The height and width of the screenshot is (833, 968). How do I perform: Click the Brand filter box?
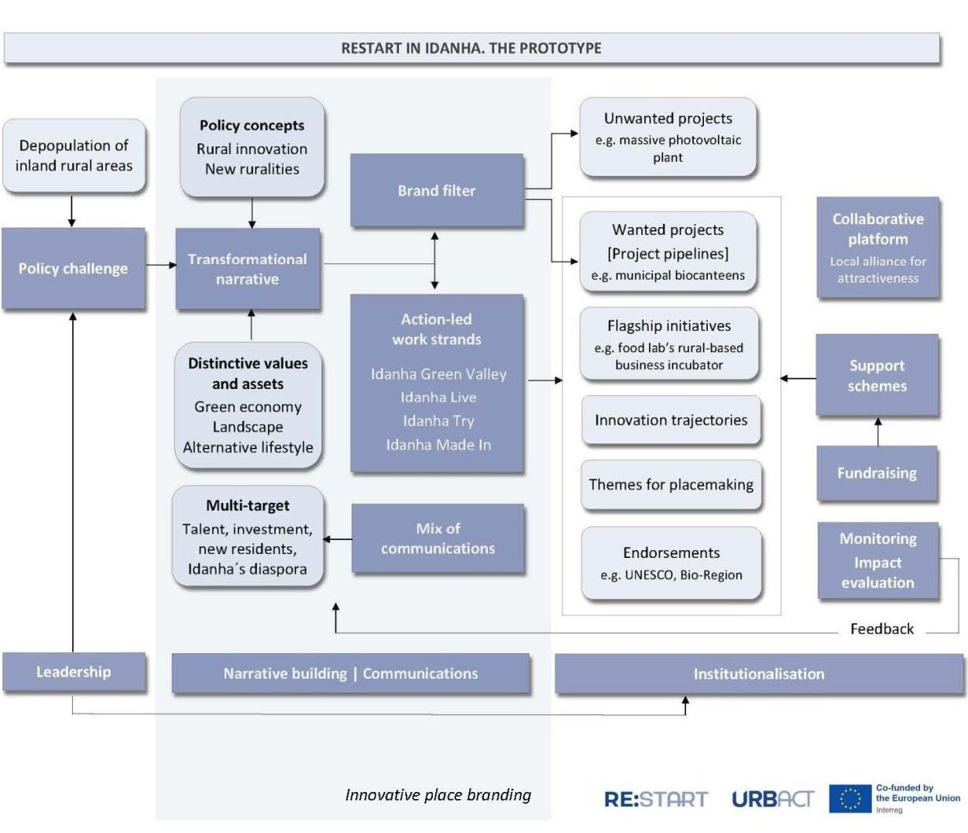point(437,190)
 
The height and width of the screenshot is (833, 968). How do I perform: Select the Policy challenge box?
point(73,268)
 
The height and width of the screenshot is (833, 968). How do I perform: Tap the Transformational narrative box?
point(248,268)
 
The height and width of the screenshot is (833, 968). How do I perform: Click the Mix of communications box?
point(438,539)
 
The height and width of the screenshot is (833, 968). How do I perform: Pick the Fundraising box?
point(877,473)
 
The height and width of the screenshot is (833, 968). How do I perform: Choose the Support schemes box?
point(877,375)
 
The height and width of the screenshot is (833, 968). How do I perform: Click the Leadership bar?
point(74,672)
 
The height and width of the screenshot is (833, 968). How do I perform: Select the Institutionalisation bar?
point(759,673)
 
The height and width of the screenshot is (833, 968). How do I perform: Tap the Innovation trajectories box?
point(671,420)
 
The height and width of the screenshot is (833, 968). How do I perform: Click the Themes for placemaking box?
point(671,484)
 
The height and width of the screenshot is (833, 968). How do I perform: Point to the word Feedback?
point(882,628)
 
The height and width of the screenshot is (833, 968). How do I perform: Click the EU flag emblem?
point(850,799)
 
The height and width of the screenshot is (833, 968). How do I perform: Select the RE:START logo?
point(656,799)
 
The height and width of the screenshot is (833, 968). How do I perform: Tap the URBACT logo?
point(773,799)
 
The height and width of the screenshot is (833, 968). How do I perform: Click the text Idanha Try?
point(438,421)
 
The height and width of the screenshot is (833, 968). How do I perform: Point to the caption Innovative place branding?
point(438,794)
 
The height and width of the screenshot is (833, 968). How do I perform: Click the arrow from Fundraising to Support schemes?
point(878,432)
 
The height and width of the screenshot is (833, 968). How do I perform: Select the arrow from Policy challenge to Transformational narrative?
point(161,265)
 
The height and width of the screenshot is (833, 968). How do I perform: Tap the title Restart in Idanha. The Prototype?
point(471,48)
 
